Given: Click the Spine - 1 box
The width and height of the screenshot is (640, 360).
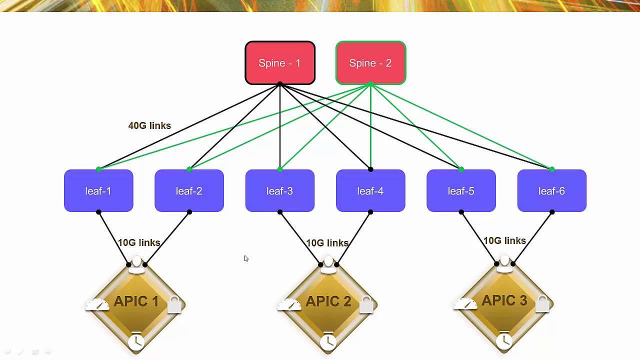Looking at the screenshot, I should (x=280, y=63).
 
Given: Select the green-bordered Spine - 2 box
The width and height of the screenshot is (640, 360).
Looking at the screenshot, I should (x=370, y=63).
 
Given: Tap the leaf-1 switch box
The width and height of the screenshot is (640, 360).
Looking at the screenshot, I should (x=98, y=191).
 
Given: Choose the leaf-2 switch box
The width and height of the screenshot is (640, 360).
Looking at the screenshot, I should (x=189, y=191).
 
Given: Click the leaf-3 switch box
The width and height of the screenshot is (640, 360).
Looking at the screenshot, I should (x=280, y=191).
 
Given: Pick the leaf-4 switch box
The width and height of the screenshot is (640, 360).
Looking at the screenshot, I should (x=370, y=191).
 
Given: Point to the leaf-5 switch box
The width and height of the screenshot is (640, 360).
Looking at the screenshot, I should (x=461, y=191).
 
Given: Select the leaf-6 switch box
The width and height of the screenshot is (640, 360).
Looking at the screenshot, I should (x=551, y=191).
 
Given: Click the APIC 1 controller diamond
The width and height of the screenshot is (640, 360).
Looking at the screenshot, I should (x=136, y=302).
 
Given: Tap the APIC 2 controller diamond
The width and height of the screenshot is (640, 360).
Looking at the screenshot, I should (x=328, y=302).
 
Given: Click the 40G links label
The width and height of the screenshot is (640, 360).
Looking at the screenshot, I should (x=149, y=126).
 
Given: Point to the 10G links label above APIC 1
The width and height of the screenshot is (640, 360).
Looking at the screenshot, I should (x=139, y=243).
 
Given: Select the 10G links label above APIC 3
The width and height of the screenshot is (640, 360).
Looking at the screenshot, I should (x=504, y=241).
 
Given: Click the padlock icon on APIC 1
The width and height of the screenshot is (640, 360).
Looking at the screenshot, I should (x=174, y=304).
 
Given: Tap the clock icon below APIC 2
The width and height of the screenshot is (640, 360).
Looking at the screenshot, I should (x=328, y=341).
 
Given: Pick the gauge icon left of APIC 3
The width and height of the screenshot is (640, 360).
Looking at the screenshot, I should (x=465, y=303).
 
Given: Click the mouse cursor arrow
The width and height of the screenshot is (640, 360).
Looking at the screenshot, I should (x=246, y=258).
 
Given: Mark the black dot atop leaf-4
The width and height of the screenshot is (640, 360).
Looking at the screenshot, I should (x=370, y=169).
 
